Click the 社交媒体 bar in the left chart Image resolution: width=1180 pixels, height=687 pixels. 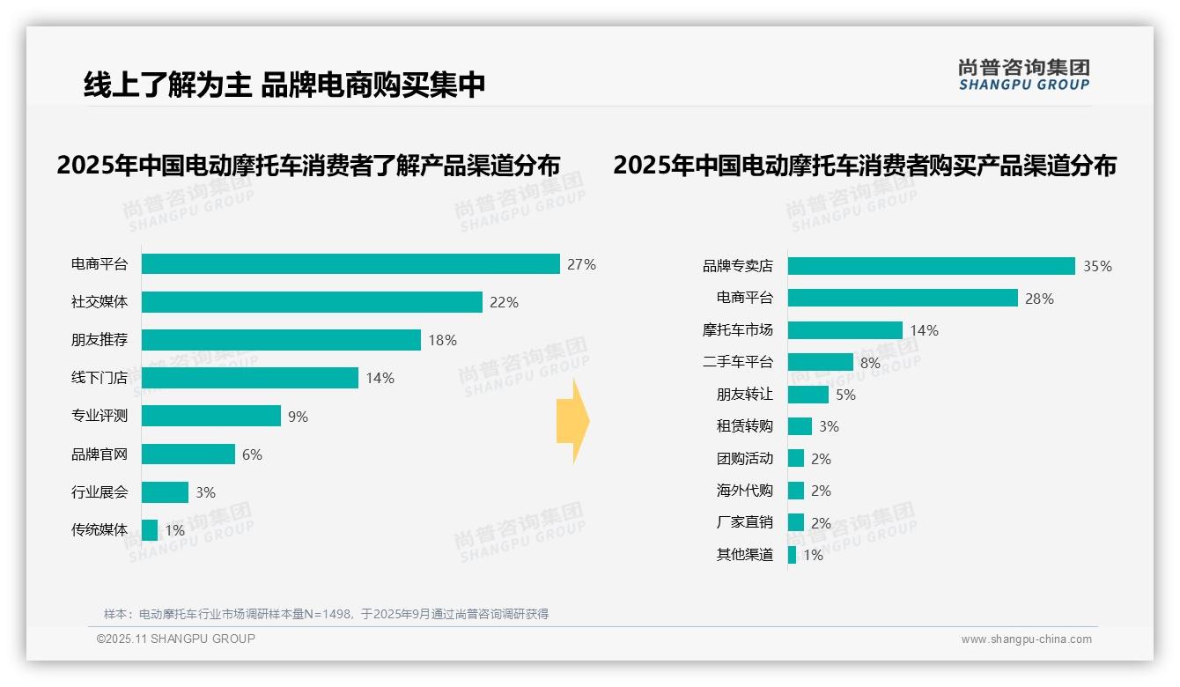click(x=312, y=302)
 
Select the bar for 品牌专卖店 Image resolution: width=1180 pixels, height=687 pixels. click(x=931, y=266)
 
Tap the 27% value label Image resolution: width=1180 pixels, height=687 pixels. click(x=581, y=264)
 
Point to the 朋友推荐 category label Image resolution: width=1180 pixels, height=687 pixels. click(x=100, y=340)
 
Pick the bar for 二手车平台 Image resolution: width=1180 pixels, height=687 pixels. click(x=820, y=362)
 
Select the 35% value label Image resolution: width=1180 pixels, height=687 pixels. click(x=1097, y=266)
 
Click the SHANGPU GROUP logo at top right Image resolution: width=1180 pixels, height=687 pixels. click(x=1023, y=75)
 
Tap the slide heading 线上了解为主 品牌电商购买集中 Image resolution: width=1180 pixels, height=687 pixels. click(x=284, y=85)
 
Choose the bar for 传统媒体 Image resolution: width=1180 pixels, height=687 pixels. click(x=150, y=530)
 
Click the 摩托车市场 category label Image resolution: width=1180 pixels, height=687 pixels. click(x=737, y=330)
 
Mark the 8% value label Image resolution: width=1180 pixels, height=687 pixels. click(x=870, y=362)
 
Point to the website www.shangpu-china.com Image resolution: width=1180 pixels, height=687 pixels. click(x=1026, y=639)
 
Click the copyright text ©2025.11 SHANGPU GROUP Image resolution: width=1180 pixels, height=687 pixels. click(x=176, y=639)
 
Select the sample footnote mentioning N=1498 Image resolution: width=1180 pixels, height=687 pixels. click(x=326, y=614)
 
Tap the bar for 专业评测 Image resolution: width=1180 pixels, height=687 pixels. click(x=211, y=416)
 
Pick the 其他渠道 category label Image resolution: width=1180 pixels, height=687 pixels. click(x=744, y=555)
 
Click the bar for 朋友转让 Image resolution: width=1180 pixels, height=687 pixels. click(x=808, y=395)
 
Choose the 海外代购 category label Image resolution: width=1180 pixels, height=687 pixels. click(x=744, y=491)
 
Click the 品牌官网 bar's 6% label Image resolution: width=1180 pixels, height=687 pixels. click(x=252, y=454)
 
